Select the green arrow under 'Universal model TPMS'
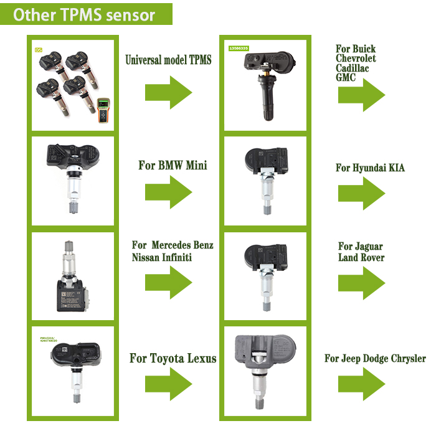[168, 92]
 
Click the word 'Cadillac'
[352, 68]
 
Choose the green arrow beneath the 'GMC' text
[361, 95]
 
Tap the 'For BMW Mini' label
[173, 166]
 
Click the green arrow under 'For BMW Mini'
[168, 192]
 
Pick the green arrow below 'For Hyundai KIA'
[361, 194]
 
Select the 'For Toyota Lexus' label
[173, 358]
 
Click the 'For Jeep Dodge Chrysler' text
[375, 358]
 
